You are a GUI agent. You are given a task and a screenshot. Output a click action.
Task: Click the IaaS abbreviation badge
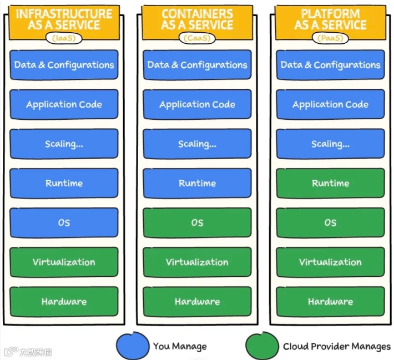(64, 38)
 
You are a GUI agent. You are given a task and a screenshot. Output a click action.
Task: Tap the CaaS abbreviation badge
(197, 38)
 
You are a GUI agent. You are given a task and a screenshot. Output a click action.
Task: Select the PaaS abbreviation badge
(330, 38)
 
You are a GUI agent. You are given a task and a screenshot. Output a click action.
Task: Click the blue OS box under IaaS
(64, 222)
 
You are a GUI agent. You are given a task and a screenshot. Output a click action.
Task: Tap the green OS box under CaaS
(197, 222)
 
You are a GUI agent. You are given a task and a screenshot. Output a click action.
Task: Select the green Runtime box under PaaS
(330, 183)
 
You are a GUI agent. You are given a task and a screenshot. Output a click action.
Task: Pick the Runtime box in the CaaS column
(197, 183)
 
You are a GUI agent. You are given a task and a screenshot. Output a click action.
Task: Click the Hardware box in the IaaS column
(64, 301)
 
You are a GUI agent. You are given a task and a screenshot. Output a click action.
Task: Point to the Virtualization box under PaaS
(330, 262)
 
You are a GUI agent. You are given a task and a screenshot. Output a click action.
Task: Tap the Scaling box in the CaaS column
(197, 144)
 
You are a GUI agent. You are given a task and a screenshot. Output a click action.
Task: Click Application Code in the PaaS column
(330, 104)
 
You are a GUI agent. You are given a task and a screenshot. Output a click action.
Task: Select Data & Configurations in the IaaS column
(64, 65)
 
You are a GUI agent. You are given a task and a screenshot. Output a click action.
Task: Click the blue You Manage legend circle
(133, 346)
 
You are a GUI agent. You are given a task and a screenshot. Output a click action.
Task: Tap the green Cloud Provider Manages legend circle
(262, 346)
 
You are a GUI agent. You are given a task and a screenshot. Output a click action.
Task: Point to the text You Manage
(180, 346)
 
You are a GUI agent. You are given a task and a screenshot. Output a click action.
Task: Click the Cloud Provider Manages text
(336, 346)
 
